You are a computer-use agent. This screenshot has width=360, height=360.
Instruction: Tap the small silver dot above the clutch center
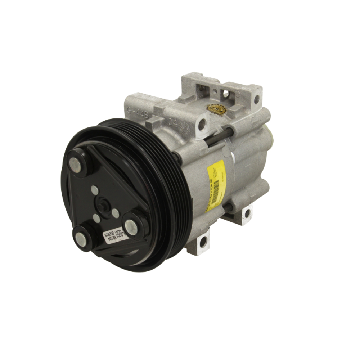point(94,189)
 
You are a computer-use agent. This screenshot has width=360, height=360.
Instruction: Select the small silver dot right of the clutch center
point(115,213)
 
